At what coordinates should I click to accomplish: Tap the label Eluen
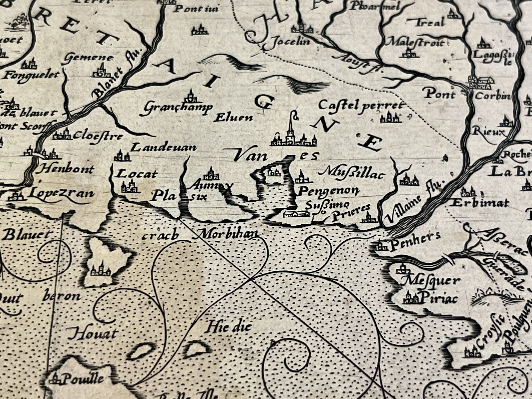[233, 118]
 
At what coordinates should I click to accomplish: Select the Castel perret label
[361, 105]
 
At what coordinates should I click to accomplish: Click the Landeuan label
[164, 148]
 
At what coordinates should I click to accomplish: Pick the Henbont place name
[67, 170]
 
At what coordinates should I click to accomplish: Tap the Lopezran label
[61, 193]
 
